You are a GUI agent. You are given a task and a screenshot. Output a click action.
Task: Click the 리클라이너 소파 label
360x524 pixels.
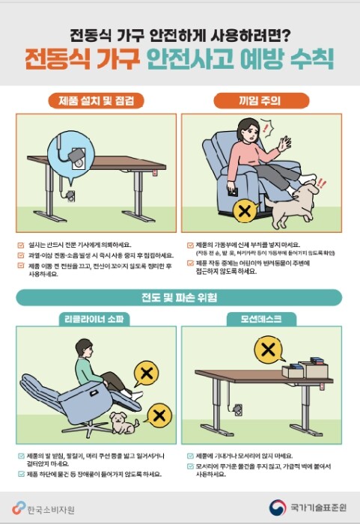[96, 319]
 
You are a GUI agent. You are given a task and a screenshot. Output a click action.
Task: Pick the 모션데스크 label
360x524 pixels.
[262, 319]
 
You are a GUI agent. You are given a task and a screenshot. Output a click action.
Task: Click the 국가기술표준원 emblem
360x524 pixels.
[278, 508]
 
